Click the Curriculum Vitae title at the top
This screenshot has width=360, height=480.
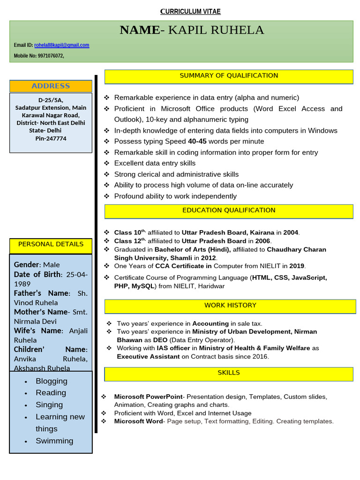click(x=190, y=11)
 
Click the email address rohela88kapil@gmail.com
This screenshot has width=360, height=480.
click(x=61, y=45)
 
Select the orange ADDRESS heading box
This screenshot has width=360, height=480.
click(x=51, y=86)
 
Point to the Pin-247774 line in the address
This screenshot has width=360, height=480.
click(x=51, y=139)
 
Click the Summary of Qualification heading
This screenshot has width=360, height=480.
click(x=229, y=76)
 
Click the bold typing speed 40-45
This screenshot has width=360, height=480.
click(x=197, y=142)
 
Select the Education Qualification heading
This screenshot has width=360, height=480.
click(x=229, y=210)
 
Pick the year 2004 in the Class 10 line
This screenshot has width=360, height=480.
click(x=291, y=232)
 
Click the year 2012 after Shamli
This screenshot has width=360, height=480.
click(x=209, y=258)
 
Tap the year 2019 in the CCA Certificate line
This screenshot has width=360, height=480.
click(x=297, y=266)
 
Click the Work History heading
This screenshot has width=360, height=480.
click(x=230, y=306)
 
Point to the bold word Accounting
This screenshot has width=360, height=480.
click(x=210, y=323)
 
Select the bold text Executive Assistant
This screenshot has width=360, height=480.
click(x=148, y=357)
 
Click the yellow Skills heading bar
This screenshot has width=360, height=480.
click(x=229, y=373)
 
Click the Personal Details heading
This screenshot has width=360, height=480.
click(x=51, y=244)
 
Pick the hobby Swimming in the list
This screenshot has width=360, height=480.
click(x=54, y=441)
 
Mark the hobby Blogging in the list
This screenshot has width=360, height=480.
click(x=52, y=381)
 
